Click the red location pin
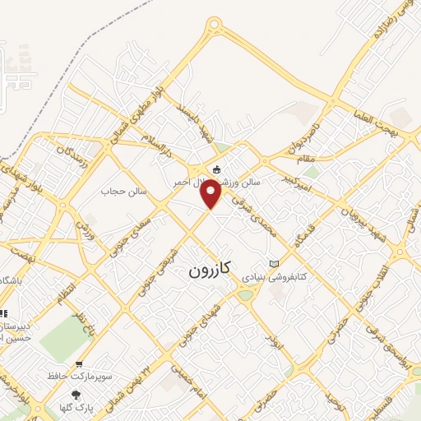pos(212,193)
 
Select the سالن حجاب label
pos(123,191)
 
